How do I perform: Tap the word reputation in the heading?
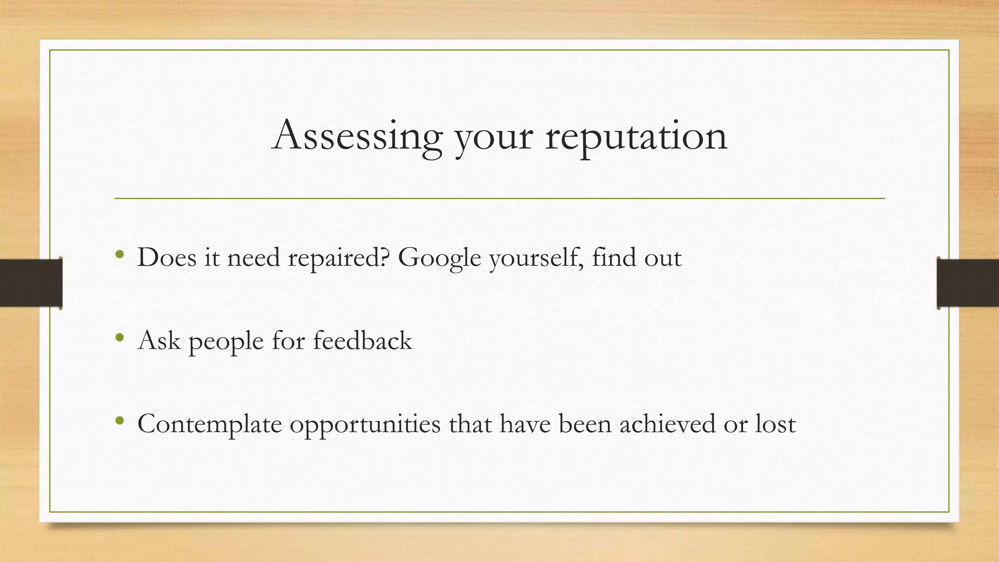(636, 137)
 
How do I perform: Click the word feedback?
(362, 340)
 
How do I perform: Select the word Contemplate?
(210, 424)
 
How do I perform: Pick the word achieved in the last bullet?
(668, 423)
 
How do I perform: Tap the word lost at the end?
(776, 423)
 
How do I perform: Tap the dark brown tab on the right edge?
(968, 283)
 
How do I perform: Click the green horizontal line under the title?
(499, 199)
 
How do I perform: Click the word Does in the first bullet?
(167, 257)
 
